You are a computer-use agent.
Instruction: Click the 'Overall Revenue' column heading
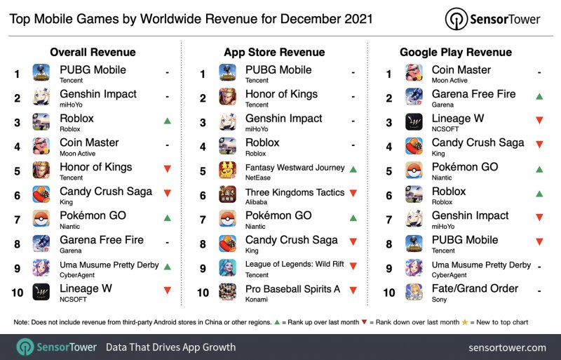click(93, 52)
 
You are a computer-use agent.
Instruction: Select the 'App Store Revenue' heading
click(274, 52)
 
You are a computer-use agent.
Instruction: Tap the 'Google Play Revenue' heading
click(456, 52)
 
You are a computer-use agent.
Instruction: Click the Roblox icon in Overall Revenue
click(41, 122)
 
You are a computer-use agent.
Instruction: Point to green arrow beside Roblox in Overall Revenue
click(167, 121)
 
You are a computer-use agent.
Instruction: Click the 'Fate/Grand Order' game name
click(475, 288)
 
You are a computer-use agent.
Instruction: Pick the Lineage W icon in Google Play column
click(414, 122)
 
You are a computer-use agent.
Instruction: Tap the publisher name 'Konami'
click(257, 299)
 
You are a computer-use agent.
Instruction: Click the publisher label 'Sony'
click(440, 299)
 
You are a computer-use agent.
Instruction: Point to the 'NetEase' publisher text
click(259, 178)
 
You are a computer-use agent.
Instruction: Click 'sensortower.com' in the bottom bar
click(508, 347)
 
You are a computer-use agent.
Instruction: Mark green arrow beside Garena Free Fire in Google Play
click(539, 97)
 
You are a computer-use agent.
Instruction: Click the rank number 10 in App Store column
click(203, 291)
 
